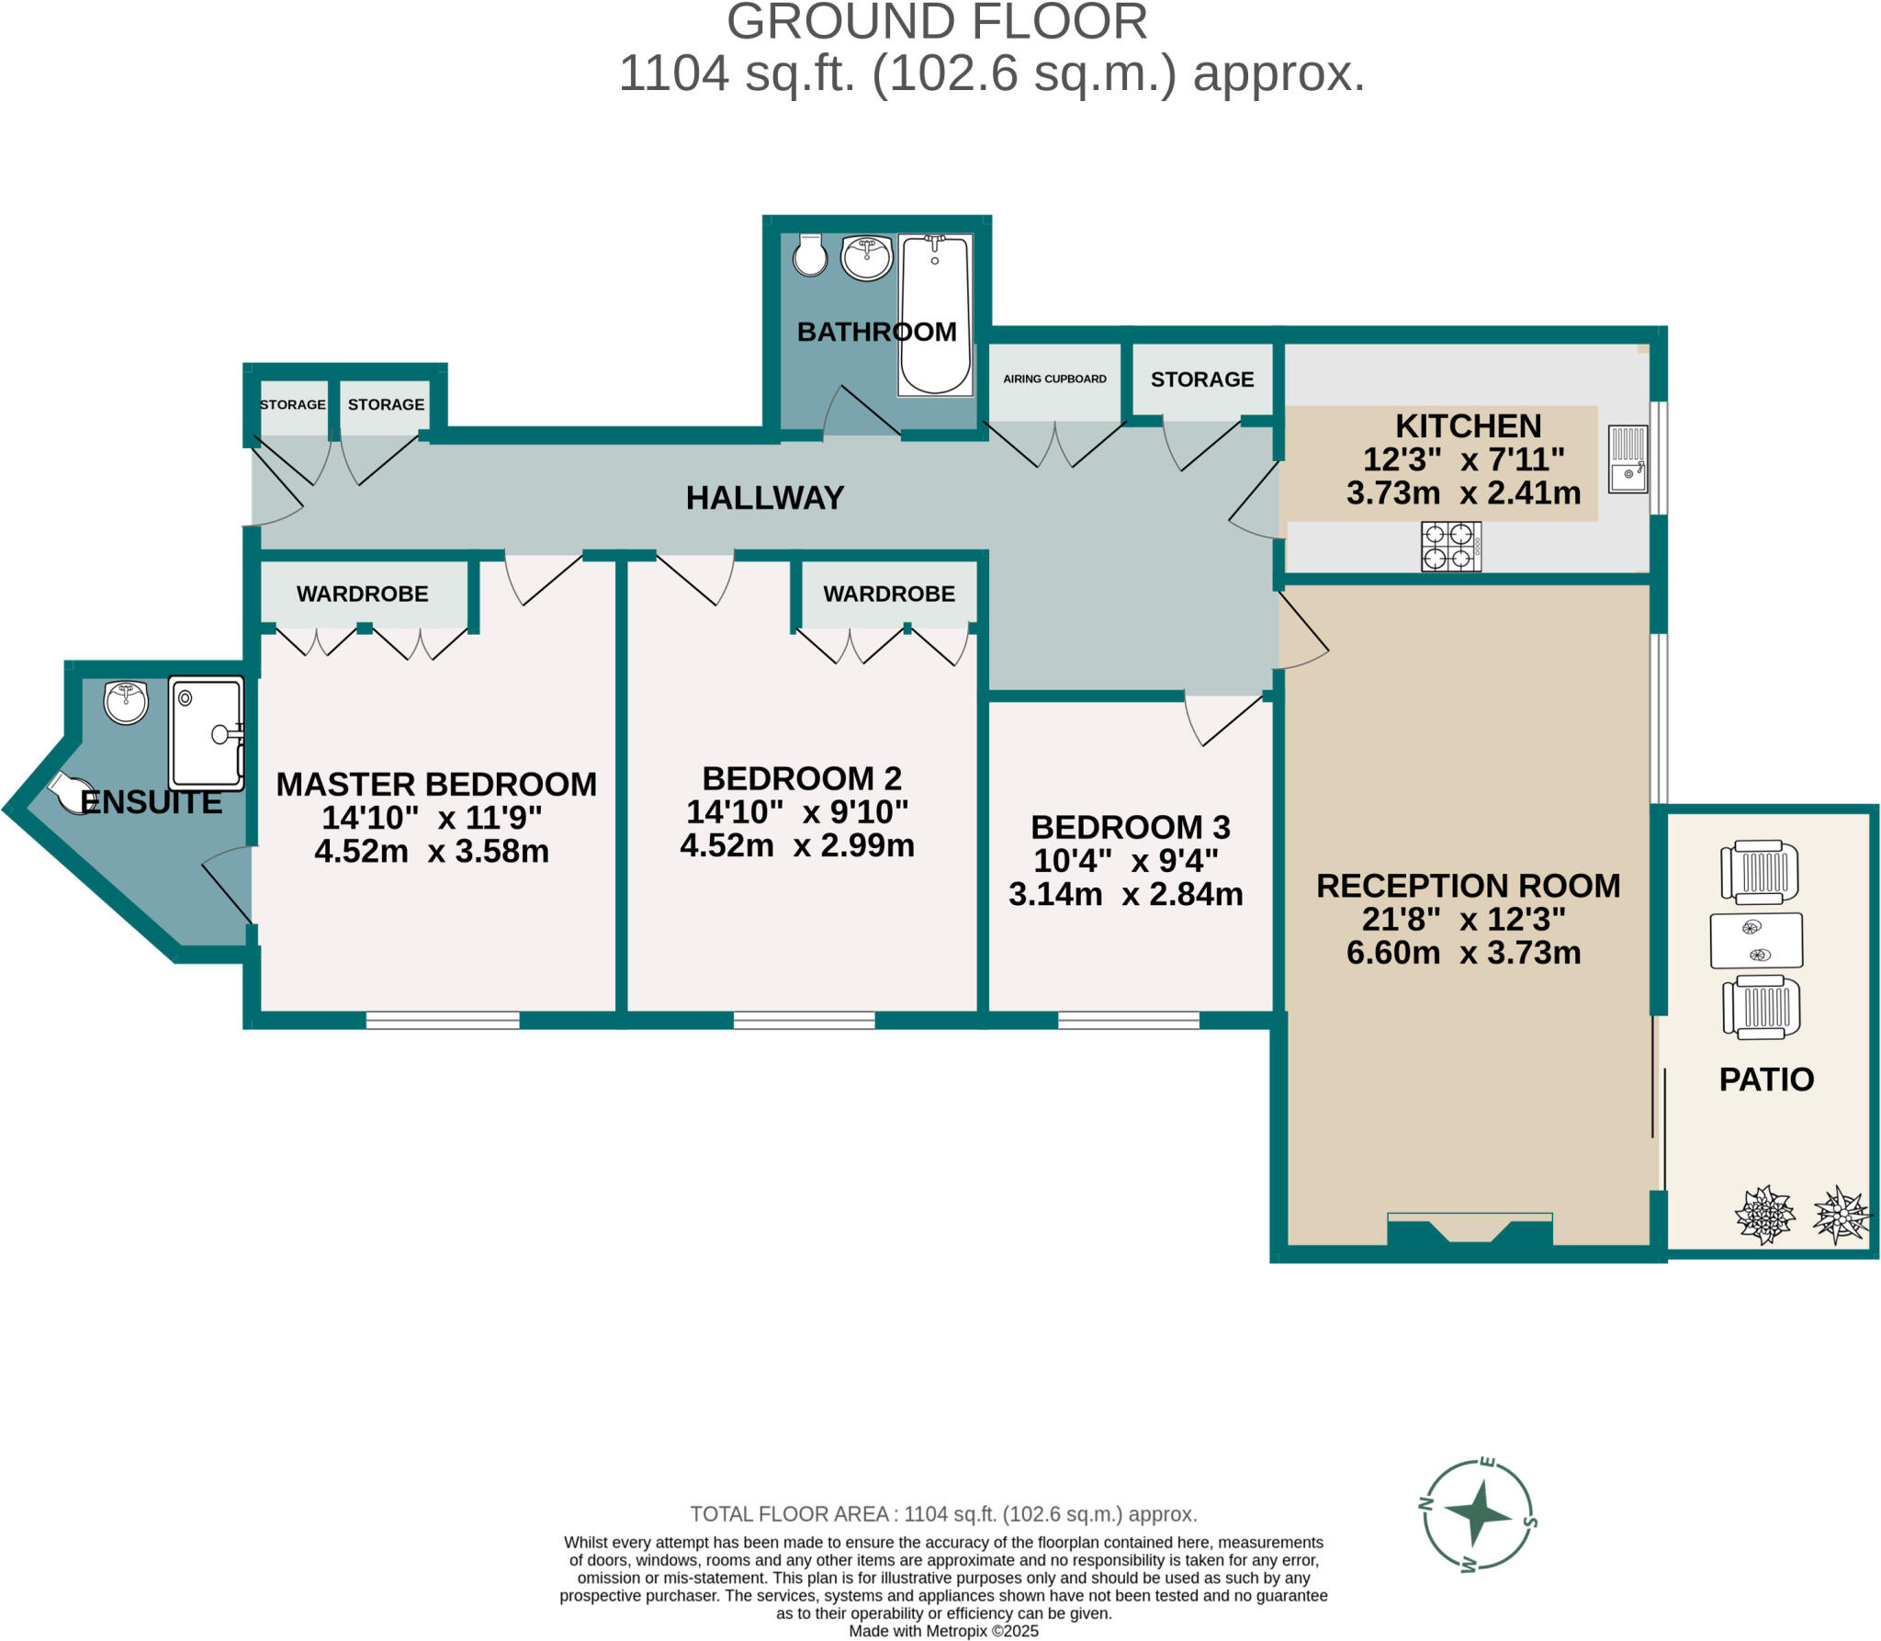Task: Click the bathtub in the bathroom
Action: tap(934, 314)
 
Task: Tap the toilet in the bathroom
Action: tap(810, 256)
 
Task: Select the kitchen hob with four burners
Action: tap(1450, 546)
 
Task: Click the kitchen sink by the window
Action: tap(1628, 458)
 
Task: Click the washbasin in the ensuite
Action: tap(126, 702)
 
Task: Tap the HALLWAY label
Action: tap(764, 498)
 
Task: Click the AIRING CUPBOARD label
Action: tap(1054, 379)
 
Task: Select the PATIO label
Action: tap(1765, 1079)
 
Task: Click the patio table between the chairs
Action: tap(1755, 940)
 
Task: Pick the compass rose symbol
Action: tap(1478, 1513)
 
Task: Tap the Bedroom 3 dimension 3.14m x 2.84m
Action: tap(1125, 894)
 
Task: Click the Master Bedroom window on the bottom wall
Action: tap(443, 1020)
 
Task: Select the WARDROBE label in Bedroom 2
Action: tap(888, 594)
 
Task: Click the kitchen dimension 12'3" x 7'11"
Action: tap(1463, 459)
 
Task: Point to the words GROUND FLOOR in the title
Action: tap(937, 22)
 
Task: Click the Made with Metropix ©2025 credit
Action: tap(943, 1631)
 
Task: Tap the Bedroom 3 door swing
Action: tap(1222, 721)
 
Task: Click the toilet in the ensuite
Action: tap(71, 792)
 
